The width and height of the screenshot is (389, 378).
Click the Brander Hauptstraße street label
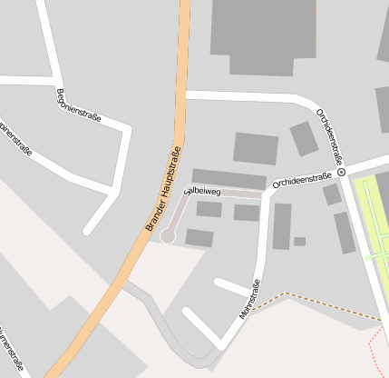[164, 188]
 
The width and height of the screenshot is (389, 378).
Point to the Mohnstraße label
[249, 299]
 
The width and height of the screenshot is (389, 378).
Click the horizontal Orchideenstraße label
[301, 180]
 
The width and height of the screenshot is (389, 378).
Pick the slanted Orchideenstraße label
[328, 136]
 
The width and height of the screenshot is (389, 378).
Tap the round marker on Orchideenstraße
[342, 171]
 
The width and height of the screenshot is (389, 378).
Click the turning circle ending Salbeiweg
[168, 236]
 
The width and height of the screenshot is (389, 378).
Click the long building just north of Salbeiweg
[229, 179]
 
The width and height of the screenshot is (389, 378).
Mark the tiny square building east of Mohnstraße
[299, 242]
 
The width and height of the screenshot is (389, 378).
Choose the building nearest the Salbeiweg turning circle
[199, 238]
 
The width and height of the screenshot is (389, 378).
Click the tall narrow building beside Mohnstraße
[282, 225]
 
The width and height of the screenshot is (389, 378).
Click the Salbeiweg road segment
[227, 194]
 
